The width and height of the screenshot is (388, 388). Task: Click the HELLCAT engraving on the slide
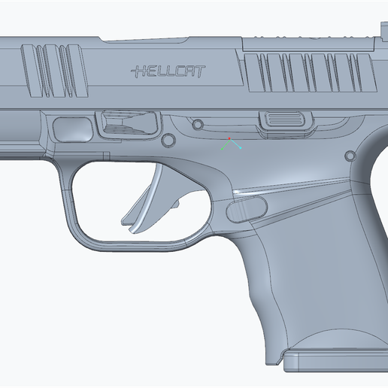(x=168, y=71)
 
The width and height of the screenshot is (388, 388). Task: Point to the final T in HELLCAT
(x=201, y=71)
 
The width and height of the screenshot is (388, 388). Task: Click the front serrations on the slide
(x=53, y=72)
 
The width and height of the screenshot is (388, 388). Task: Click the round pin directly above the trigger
(x=168, y=140)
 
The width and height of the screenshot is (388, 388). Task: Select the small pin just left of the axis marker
(x=198, y=124)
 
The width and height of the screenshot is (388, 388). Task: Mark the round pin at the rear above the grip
(x=349, y=156)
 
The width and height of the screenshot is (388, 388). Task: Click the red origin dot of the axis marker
(x=230, y=138)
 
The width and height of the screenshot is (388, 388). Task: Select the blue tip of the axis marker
(x=241, y=147)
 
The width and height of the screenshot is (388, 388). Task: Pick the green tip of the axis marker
(x=221, y=147)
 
